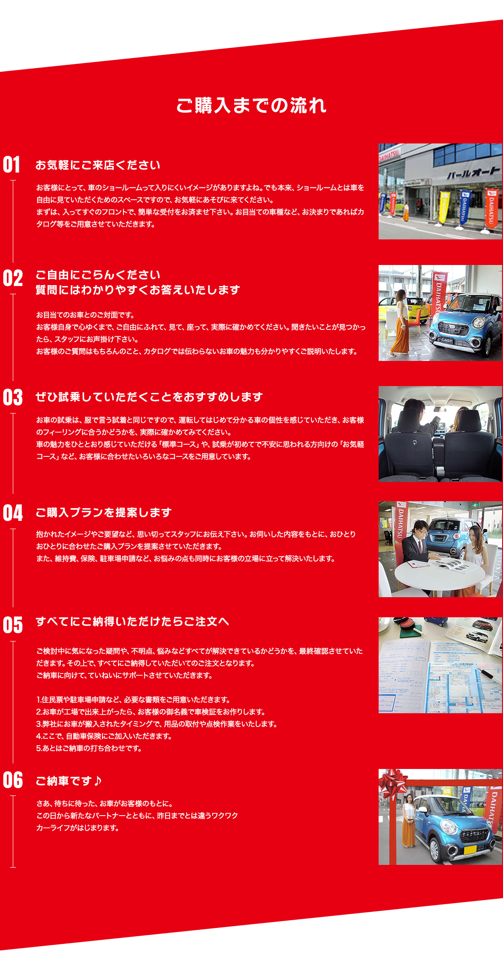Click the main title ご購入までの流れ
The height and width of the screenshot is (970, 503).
point(251,106)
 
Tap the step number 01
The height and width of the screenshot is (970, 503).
point(11,165)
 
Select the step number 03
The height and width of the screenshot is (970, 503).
point(12,398)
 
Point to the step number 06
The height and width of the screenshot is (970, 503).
point(12,780)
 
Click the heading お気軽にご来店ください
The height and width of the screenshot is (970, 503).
point(98,165)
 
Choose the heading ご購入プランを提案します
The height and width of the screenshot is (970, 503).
point(103,513)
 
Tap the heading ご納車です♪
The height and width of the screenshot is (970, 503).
point(69,781)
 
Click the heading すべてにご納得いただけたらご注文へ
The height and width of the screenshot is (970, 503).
point(132,622)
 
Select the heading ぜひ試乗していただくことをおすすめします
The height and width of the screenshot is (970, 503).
point(149,397)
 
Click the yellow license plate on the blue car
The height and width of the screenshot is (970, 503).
point(470,849)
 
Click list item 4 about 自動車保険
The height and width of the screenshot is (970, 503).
point(104,736)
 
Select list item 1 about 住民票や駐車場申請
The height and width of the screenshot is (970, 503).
point(133,700)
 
